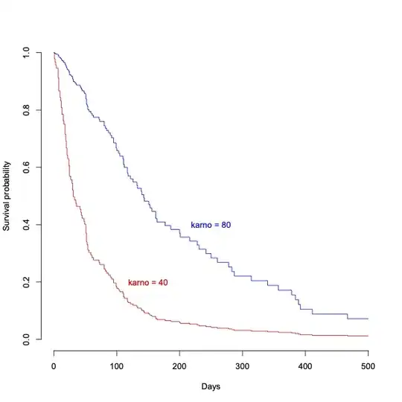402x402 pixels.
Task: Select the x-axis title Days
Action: point(211,386)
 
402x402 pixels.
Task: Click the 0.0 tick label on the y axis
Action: point(26,339)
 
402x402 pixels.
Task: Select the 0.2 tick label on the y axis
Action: point(26,282)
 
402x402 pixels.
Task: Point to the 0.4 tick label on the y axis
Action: point(26,225)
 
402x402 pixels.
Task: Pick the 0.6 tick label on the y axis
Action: point(26,167)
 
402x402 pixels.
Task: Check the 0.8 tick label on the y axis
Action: point(26,110)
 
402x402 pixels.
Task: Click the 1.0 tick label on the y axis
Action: point(26,53)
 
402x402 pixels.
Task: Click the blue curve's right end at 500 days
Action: point(368,319)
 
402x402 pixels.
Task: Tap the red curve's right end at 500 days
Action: point(368,336)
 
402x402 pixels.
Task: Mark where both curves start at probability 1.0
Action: point(54,53)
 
